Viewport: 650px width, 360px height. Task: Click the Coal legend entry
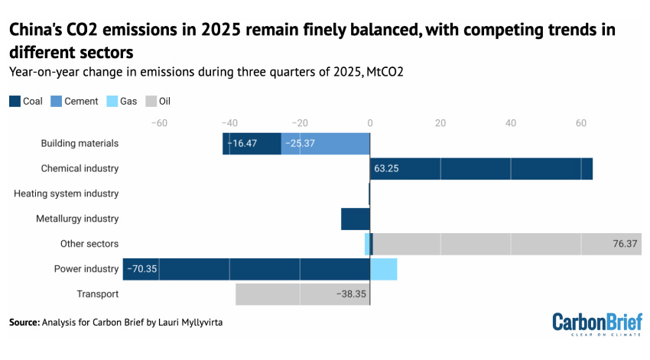point(26,101)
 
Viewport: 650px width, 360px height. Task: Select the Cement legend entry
point(74,101)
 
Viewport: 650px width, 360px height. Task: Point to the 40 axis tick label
point(510,122)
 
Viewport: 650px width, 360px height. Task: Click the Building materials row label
point(80,143)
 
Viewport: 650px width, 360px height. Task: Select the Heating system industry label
point(67,193)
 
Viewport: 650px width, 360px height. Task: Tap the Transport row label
point(98,294)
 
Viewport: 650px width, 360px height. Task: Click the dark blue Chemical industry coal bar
point(481,168)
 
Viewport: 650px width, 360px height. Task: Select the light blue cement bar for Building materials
point(325,143)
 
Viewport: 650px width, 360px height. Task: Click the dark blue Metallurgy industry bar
point(355,219)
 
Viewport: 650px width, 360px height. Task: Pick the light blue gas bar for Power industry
point(383,269)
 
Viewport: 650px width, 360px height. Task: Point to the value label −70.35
point(142,269)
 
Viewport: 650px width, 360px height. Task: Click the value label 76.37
point(625,244)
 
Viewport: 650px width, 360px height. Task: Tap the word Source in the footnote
point(23,323)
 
